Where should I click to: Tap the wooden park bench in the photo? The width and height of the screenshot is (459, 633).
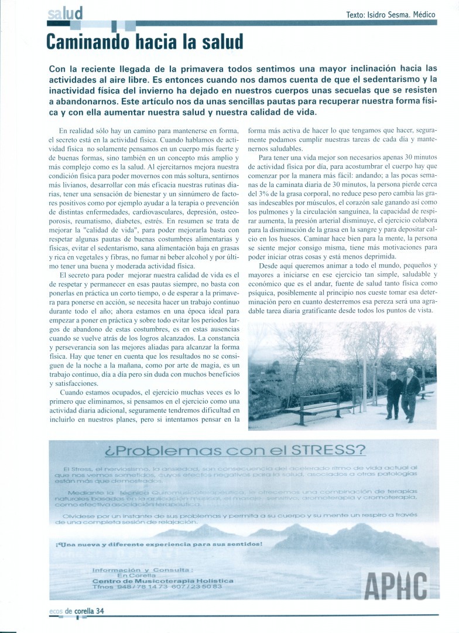click(x=320, y=405)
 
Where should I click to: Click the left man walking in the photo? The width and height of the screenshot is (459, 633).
click(x=394, y=393)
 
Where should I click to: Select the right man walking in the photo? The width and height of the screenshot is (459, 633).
click(x=410, y=393)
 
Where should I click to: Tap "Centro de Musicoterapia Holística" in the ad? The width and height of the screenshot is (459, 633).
click(x=163, y=580)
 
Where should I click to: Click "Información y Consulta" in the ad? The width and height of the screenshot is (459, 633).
click(x=141, y=569)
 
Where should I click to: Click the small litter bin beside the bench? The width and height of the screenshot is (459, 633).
click(x=357, y=397)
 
